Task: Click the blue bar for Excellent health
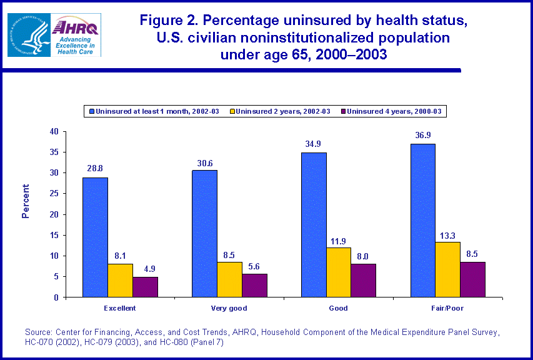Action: click(95, 237)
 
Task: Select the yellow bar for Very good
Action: click(229, 279)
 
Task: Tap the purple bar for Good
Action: click(363, 281)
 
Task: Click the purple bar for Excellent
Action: click(145, 287)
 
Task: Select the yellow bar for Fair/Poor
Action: click(447, 269)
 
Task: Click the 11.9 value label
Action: click(338, 241)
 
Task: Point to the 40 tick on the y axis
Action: click(54, 132)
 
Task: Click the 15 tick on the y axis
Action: click(54, 235)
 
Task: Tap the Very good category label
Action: click(229, 308)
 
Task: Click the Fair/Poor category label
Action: click(447, 308)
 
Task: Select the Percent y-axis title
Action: click(26, 201)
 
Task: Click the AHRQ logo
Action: click(76, 34)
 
